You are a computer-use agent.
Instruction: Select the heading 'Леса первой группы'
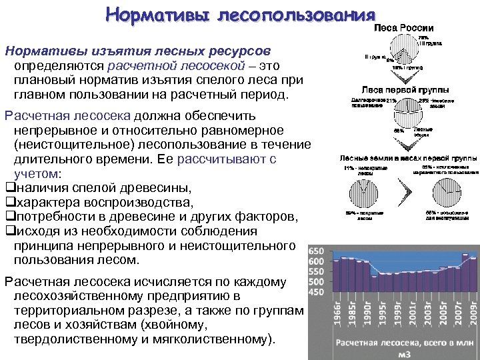click(x=405, y=89)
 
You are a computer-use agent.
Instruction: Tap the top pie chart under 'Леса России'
click(x=400, y=52)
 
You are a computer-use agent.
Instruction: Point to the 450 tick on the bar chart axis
click(x=316, y=292)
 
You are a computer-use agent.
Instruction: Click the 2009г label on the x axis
click(x=473, y=312)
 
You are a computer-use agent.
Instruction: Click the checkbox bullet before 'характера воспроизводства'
click(x=9, y=202)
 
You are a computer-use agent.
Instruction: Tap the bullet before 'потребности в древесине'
click(x=9, y=217)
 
